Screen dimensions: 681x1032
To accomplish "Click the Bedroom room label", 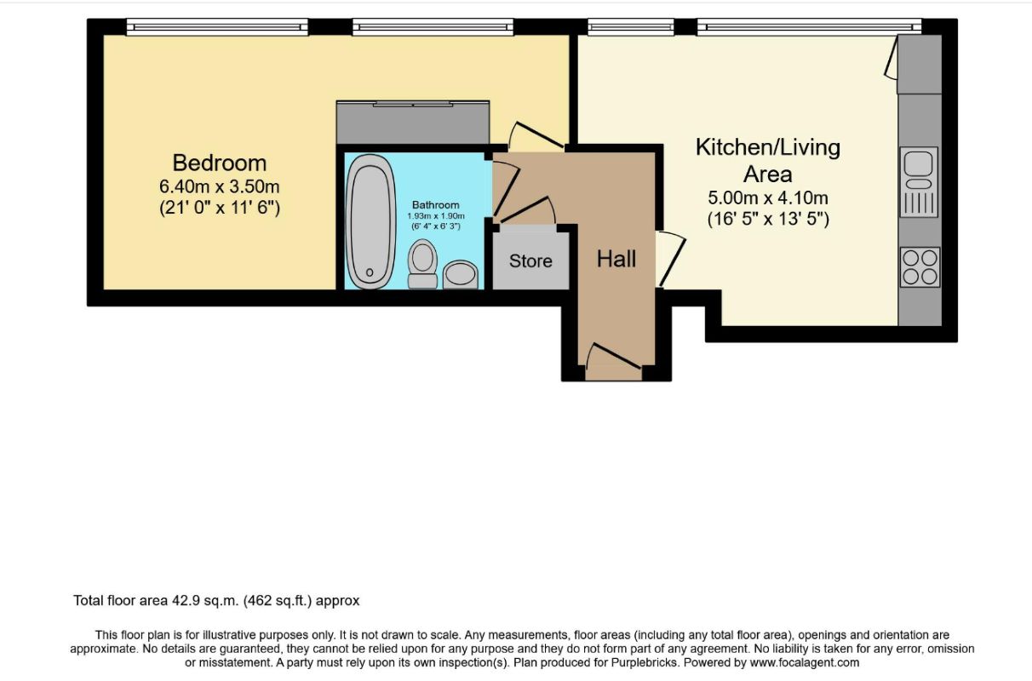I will tap(219, 163).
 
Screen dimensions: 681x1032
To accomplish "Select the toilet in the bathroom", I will tap(422, 264).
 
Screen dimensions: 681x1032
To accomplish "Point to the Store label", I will tap(530, 261).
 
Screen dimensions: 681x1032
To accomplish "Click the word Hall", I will tap(616, 259).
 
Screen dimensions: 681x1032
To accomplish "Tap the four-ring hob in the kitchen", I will tap(920, 266).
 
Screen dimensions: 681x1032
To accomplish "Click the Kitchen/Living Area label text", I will tap(768, 160).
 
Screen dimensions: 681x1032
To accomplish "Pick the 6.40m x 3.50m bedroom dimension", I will tap(219, 186).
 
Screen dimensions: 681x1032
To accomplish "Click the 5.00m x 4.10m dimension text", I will tap(768, 198).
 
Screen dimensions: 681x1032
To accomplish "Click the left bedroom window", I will tap(215, 28).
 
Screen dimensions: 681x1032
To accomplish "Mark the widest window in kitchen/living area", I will tap(808, 28).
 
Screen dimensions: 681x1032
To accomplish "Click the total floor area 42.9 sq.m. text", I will tap(216, 601).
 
